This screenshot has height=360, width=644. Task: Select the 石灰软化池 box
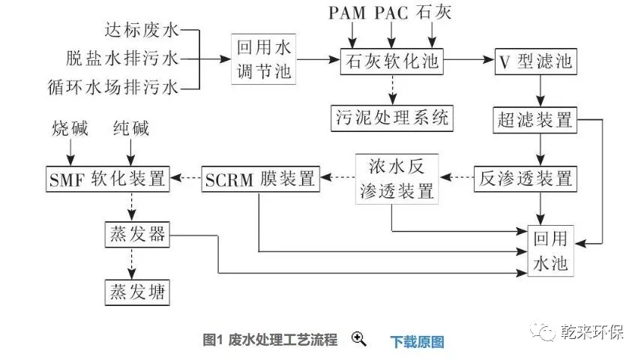[391, 61]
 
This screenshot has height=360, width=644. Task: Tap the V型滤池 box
[535, 61]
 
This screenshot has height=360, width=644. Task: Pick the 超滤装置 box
[535, 119]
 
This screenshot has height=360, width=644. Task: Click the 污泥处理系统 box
[391, 117]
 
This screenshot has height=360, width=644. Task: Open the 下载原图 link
[417, 341]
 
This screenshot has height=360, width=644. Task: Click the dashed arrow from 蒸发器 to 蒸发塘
[133, 263]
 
